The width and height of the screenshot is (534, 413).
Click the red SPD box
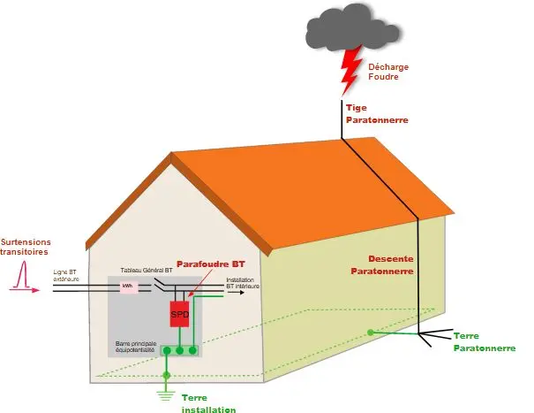pyautogui.click(x=180, y=314)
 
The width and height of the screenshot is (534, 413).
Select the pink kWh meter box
pyautogui.click(x=127, y=287)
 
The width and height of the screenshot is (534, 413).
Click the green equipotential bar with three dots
pyautogui.click(x=179, y=351)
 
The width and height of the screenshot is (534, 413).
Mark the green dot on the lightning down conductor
pyautogui.click(x=371, y=332)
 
